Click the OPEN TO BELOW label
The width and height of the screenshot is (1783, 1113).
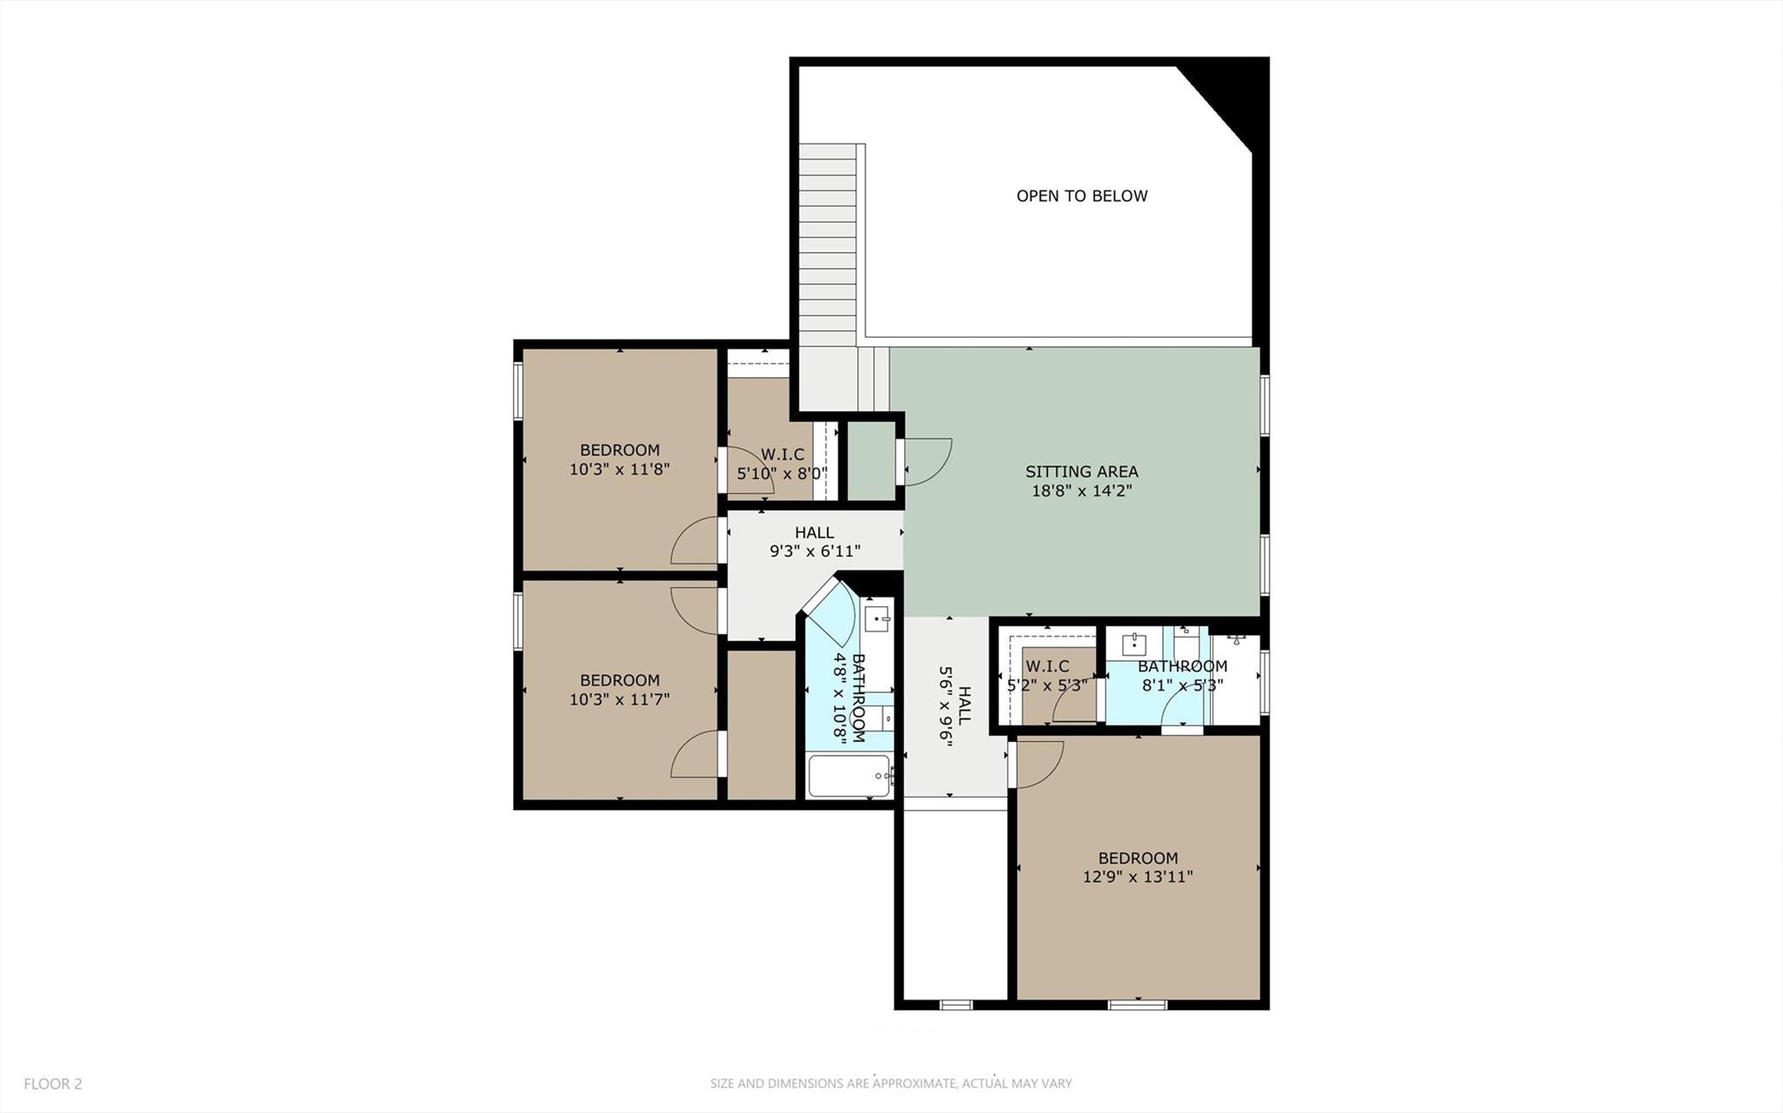1082,196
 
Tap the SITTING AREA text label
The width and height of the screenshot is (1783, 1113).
1081,471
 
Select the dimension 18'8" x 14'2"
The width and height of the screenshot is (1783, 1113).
1081,491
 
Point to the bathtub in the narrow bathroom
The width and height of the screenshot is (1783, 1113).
848,776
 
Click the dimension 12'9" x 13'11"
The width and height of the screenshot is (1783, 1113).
1138,877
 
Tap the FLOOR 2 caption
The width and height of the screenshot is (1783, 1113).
52,1083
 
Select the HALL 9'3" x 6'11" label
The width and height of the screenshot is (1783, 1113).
814,542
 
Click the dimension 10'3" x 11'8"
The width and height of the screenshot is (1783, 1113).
619,469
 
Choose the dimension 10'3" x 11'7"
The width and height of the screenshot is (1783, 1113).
619,699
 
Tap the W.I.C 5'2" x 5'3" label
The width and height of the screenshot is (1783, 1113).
1047,676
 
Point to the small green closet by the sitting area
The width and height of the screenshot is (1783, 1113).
871,462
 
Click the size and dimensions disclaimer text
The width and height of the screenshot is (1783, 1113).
890,1083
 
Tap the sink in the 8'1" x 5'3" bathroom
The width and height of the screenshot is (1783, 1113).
1133,644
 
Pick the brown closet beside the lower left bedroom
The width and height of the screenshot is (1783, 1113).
761,725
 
